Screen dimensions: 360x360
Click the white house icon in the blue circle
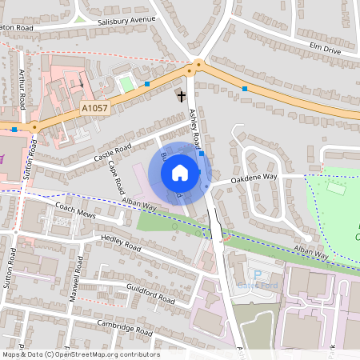(x=180, y=172)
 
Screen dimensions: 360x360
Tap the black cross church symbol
(x=182, y=96)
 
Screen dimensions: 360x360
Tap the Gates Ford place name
(x=257, y=285)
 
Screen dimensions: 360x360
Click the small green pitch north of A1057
(x=125, y=83)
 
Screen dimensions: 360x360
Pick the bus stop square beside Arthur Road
(x=14, y=129)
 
